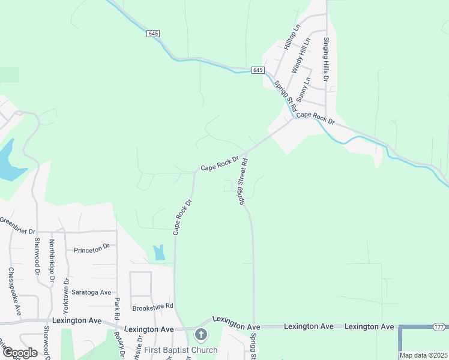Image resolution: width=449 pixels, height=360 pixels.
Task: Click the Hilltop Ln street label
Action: (292, 37)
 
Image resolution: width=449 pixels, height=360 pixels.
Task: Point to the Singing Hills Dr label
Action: (326, 58)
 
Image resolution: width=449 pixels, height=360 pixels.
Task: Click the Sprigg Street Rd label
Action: (243, 182)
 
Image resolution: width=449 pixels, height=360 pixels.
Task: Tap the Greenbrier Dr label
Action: (17, 224)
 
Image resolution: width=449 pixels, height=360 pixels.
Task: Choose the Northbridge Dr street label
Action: (52, 261)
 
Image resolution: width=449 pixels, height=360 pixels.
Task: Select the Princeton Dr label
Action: (91, 247)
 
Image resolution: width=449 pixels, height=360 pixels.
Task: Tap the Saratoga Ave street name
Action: (92, 292)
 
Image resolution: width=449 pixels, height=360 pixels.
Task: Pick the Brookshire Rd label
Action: (152, 306)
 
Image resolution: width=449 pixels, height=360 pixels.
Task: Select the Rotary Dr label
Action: (122, 344)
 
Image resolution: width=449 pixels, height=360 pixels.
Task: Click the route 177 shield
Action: (439, 326)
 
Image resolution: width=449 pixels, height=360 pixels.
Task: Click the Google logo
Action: (19, 353)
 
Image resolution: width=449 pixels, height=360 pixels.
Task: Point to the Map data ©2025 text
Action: (424, 355)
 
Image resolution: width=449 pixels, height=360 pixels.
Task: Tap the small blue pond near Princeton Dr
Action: (158, 253)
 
